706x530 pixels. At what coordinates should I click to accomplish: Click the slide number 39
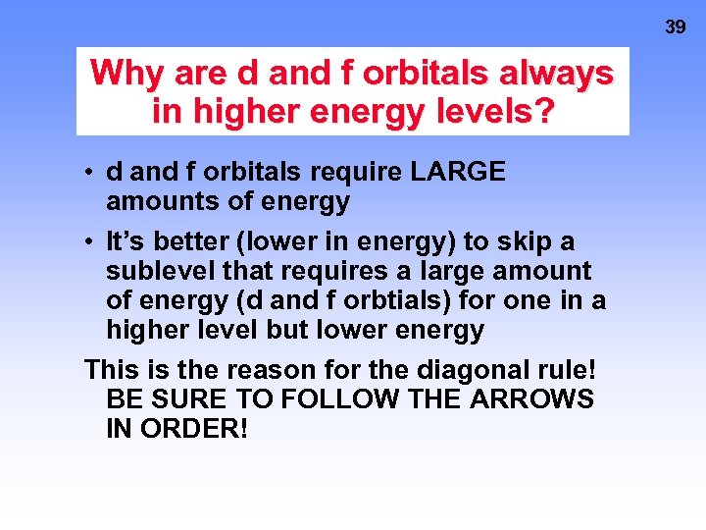pos(676,27)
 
